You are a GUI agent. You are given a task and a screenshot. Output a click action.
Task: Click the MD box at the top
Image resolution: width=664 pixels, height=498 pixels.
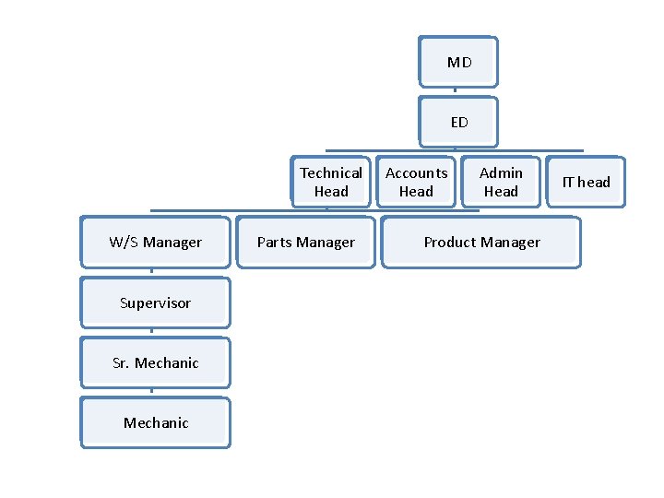(458, 63)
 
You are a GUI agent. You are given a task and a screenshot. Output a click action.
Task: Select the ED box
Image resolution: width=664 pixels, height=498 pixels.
(458, 122)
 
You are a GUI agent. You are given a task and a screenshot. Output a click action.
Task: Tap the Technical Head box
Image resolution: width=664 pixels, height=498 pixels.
(330, 182)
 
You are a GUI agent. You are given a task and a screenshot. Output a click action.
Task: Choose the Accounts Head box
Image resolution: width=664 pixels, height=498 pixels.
(416, 182)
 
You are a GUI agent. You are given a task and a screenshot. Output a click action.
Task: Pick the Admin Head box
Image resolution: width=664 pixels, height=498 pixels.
(501, 182)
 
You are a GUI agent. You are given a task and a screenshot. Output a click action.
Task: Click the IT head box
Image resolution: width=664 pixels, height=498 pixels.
(586, 182)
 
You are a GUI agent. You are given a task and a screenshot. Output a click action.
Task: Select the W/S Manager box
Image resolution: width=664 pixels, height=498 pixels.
(155, 243)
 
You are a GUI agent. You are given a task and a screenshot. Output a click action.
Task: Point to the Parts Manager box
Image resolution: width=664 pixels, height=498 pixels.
(305, 243)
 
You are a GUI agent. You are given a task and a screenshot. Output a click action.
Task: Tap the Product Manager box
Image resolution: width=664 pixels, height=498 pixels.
(481, 243)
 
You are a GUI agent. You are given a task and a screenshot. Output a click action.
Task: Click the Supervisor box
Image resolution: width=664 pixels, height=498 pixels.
(155, 302)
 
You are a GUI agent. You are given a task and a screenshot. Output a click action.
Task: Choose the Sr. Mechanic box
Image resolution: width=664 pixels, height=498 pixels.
(155, 362)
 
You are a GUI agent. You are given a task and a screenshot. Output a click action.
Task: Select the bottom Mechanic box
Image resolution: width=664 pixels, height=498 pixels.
(155, 422)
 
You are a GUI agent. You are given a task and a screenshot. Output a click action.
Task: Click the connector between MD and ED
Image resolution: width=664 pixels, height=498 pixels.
(456, 92)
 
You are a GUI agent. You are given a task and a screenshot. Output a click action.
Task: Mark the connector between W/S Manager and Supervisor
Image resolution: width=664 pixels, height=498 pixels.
(152, 273)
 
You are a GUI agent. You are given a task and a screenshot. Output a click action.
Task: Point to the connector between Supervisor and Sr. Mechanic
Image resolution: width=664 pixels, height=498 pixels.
(152, 333)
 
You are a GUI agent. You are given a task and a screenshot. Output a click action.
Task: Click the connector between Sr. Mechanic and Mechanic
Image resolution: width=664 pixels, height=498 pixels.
(152, 392)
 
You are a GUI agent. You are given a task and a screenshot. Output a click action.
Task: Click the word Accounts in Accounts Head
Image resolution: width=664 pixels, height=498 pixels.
(416, 172)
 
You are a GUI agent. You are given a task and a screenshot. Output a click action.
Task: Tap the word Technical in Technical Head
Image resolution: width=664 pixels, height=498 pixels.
(330, 172)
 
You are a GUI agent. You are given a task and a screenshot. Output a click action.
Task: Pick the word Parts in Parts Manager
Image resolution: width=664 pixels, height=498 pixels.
(275, 243)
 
